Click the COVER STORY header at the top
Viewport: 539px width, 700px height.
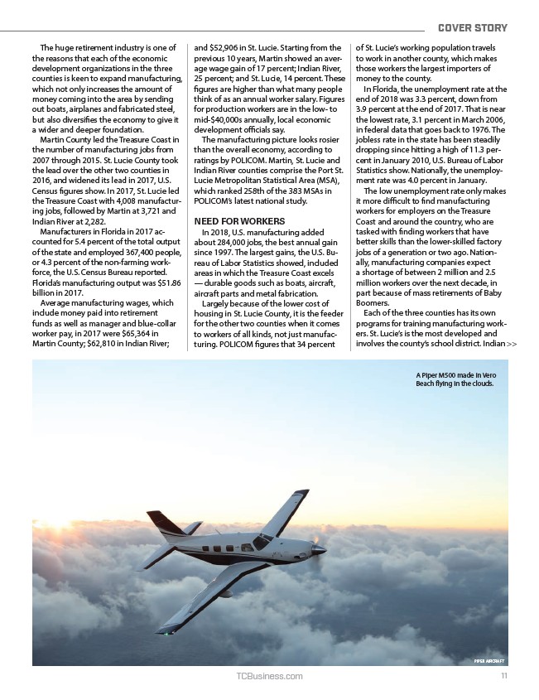(472, 28)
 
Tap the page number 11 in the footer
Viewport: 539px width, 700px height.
(503, 676)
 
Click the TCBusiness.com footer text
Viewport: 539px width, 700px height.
(269, 677)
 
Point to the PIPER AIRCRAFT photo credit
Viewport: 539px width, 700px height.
(489, 660)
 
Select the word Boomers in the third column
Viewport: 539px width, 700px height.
(371, 303)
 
